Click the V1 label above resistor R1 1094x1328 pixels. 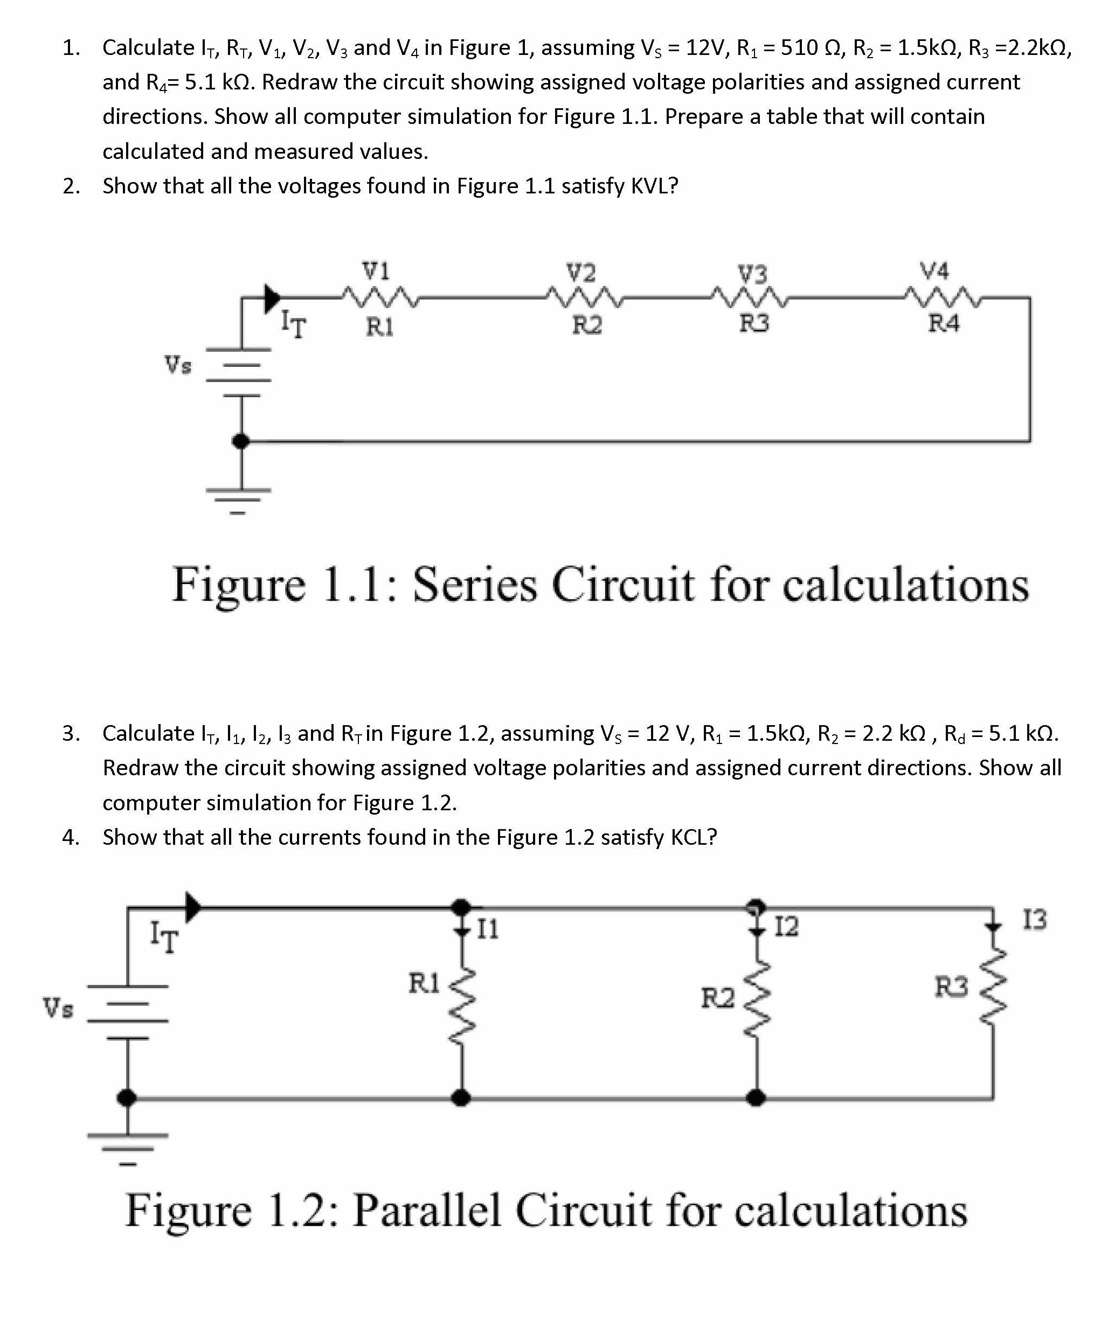click(376, 271)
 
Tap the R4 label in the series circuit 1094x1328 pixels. click(944, 323)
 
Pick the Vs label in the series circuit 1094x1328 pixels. click(178, 364)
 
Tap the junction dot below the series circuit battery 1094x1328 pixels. click(240, 441)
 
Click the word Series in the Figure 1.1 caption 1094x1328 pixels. click(475, 585)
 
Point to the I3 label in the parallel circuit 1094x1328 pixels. click(1034, 920)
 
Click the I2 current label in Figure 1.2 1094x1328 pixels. click(786, 927)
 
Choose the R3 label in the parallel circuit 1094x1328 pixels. click(951, 986)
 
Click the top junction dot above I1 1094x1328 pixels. click(462, 908)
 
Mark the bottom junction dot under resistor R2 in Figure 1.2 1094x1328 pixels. click(756, 1098)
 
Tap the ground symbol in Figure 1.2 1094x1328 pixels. click(128, 1146)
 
